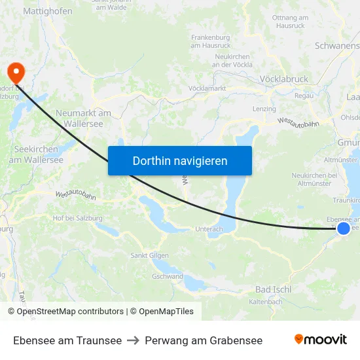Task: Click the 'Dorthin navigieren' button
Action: pos(180,160)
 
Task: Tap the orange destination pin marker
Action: pos(14,72)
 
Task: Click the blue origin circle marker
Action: pos(343,228)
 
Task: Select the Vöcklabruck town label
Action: pos(283,79)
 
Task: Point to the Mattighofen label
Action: pos(48,11)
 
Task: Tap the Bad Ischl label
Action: pos(273,289)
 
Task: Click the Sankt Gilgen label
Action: pos(149,255)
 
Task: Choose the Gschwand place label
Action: pos(167,276)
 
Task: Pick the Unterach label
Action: pos(209,229)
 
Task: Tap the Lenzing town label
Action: pos(264,109)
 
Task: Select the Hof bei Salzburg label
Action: pos(78,217)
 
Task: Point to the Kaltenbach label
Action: pos(266,302)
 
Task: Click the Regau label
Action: pos(304,96)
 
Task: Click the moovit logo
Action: pos(320,339)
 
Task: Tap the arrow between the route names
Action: pos(133,340)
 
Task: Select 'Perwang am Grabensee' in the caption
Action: pos(204,340)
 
